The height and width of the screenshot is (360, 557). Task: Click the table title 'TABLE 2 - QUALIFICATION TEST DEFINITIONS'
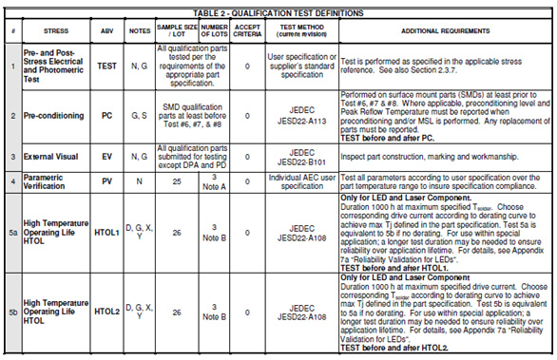(x=278, y=13)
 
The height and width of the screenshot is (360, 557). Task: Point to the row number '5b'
(x=11, y=310)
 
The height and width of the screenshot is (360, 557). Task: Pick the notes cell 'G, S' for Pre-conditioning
(x=139, y=115)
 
